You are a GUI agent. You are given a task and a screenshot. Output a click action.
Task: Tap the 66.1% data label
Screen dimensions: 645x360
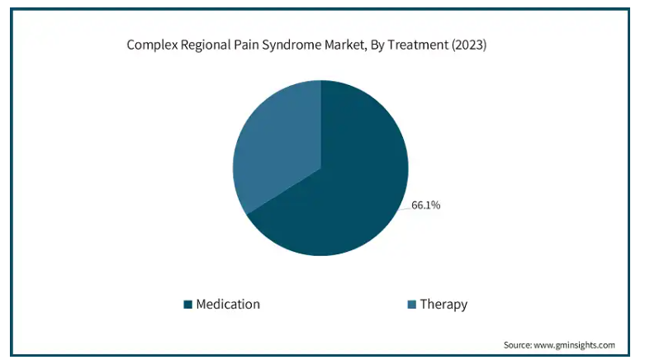coord(426,205)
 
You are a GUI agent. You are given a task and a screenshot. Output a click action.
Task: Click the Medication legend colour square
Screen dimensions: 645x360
coord(188,305)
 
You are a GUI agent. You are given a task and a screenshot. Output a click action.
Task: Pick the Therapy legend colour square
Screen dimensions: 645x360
coord(412,305)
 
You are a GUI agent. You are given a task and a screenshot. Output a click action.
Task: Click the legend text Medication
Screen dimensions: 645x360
coord(228,305)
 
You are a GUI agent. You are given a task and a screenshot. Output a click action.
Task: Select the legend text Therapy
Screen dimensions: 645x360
coord(443,305)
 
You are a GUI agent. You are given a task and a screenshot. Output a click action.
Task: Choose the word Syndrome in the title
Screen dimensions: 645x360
coord(292,45)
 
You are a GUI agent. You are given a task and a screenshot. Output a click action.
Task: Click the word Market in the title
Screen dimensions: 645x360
coord(344,45)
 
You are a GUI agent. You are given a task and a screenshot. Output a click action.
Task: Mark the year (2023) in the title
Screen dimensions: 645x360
coord(469,45)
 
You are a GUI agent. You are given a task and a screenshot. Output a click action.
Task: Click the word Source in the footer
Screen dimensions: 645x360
coord(518,345)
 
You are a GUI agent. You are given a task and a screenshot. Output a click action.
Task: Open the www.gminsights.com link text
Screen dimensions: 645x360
coord(574,345)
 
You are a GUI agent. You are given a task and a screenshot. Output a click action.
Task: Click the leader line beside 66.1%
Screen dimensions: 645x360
coord(405,209)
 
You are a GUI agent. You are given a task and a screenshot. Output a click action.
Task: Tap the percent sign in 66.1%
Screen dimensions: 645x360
coord(436,205)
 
